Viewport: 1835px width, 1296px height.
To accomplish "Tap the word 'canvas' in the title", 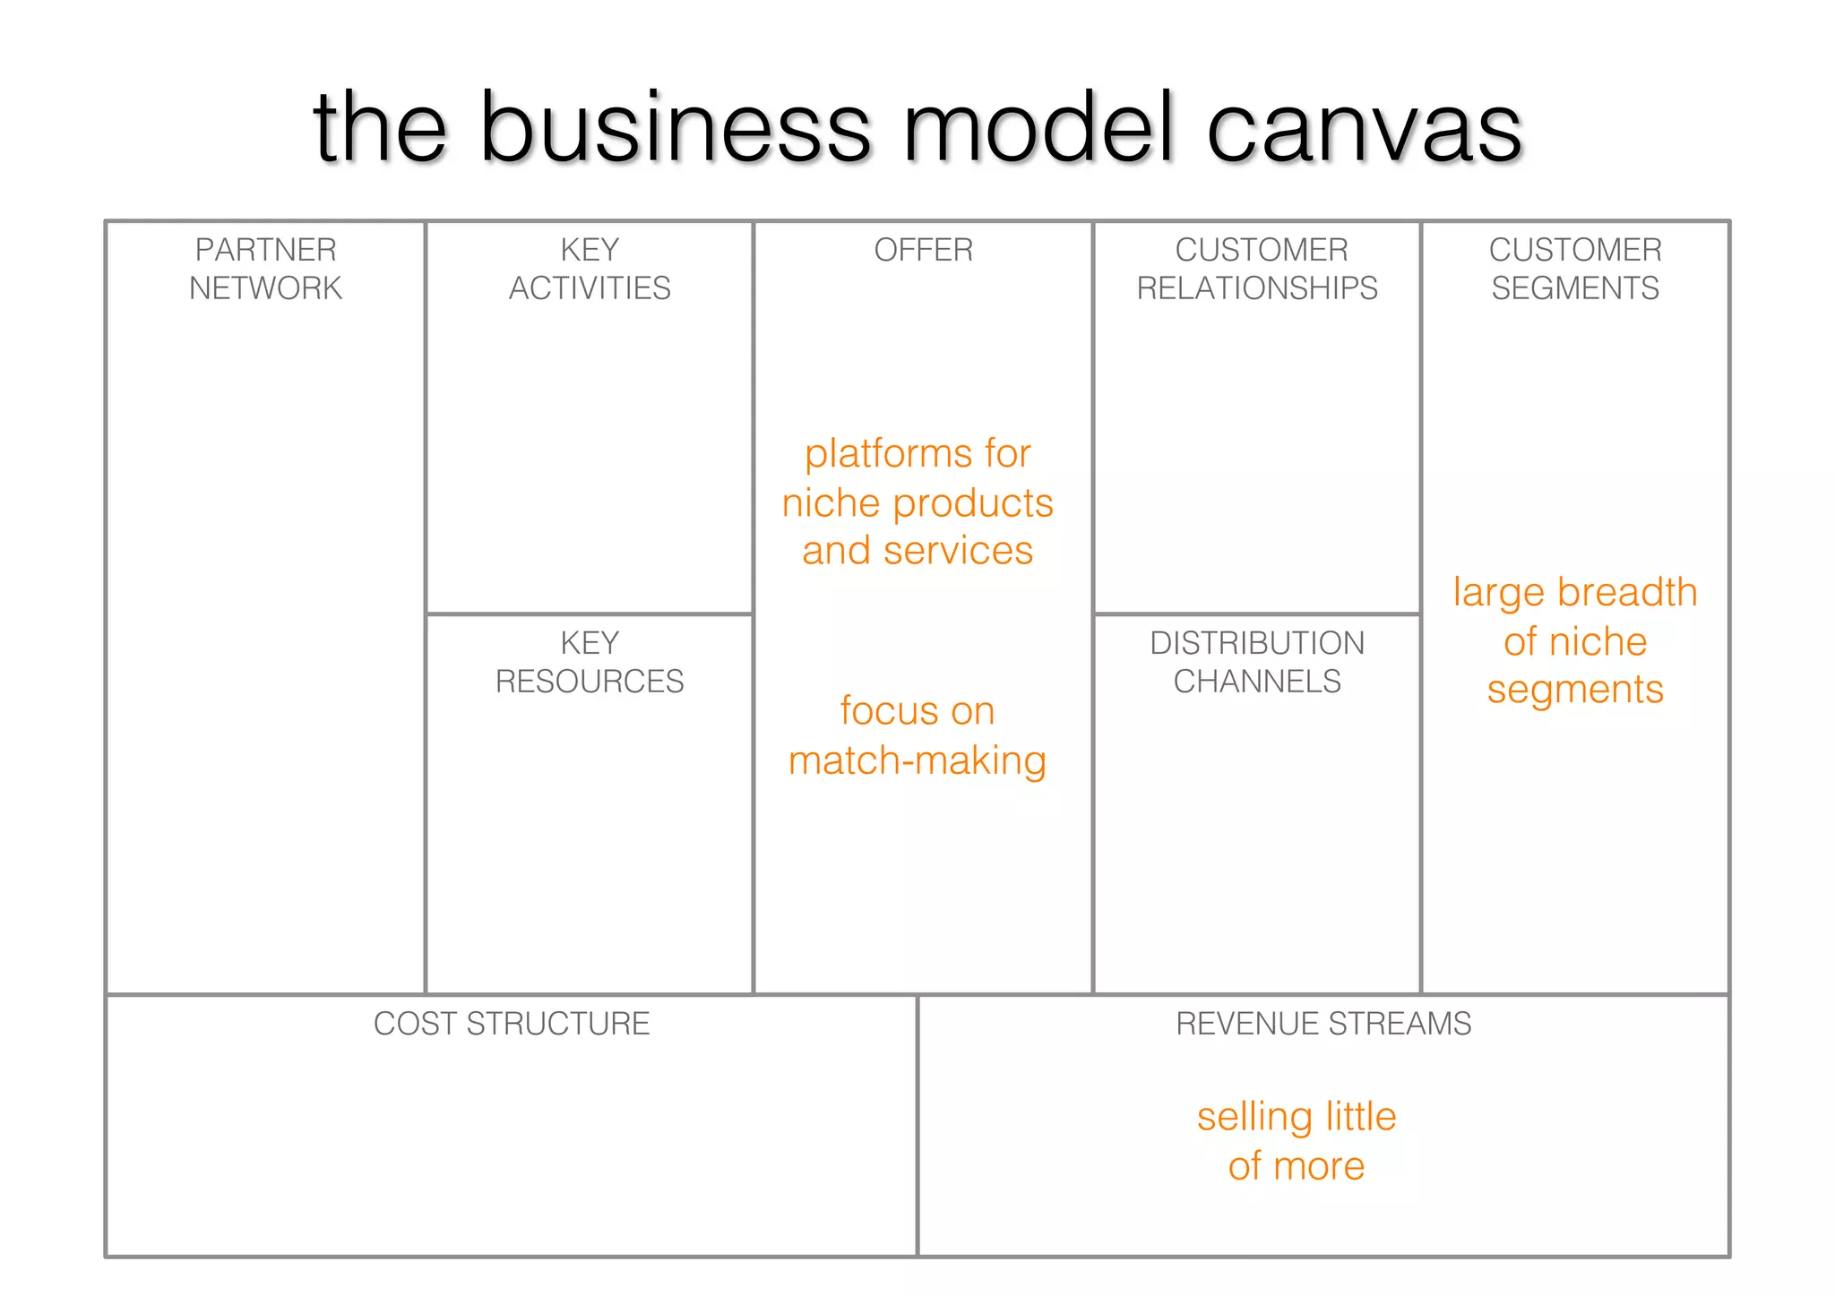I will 1364,130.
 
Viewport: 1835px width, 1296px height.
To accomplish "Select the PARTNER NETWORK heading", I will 265,269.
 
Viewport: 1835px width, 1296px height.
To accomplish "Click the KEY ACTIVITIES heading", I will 590,269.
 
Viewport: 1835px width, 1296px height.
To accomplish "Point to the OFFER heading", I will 923,250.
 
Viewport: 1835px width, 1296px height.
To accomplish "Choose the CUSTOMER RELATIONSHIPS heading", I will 1257,269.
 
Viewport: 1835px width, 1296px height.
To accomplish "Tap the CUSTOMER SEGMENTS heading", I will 1575,269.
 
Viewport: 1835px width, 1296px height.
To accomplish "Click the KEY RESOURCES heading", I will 590,662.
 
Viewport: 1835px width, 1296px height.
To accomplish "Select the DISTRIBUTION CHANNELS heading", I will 1257,662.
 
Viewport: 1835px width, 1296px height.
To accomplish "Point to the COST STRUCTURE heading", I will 512,1024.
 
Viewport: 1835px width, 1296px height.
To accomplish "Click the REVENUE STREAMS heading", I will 1323,1024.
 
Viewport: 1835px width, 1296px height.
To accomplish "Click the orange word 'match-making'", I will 917,761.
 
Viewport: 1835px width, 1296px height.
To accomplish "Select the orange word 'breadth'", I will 1627,592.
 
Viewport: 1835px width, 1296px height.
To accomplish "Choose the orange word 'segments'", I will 1575,691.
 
